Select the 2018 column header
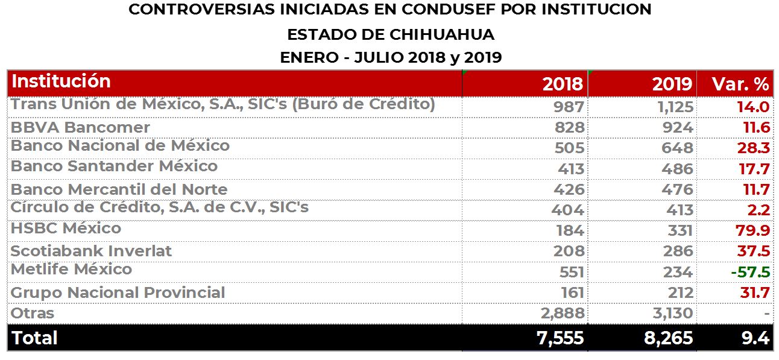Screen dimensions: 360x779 coord(563,84)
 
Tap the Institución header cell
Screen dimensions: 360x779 coord(61,81)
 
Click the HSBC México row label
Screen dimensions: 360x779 coord(66,229)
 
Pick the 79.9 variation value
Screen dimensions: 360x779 coord(753,230)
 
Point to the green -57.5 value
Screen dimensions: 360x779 coord(750,272)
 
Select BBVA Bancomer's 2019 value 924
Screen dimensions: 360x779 coord(678,128)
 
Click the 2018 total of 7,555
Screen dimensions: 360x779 coord(560,338)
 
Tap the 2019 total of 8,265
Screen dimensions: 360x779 coord(669,338)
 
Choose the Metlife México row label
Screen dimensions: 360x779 coord(71,269)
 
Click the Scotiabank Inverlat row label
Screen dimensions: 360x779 coord(91,251)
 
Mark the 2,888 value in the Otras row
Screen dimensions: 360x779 coord(560,314)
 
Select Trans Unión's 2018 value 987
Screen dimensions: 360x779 coord(569,107)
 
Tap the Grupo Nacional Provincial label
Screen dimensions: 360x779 coord(118,293)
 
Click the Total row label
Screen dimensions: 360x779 coord(35,338)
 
